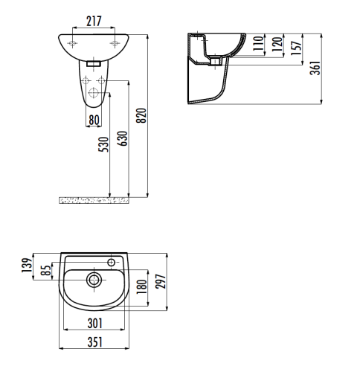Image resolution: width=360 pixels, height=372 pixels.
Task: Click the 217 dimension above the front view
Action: coord(93,20)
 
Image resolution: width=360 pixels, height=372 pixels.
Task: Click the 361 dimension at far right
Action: coord(315,69)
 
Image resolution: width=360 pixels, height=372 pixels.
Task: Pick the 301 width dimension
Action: coord(94,323)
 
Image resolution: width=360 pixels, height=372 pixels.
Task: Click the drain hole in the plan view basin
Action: coord(94,280)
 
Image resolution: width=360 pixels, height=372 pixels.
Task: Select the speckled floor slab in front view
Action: coord(94,199)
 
